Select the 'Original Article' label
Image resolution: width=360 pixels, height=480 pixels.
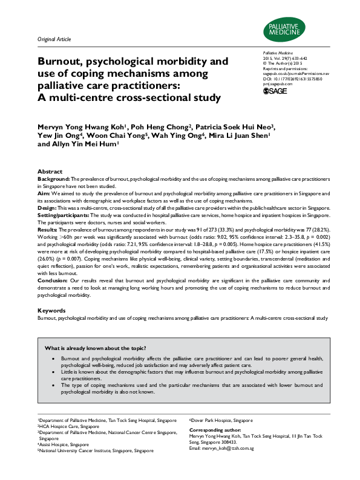click(54, 39)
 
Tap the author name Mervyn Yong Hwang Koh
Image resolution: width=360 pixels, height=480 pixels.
click(77, 127)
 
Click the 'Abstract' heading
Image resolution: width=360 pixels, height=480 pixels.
click(50, 172)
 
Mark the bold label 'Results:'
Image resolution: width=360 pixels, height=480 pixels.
click(48, 230)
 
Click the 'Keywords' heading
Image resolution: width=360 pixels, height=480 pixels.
click(51, 310)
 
